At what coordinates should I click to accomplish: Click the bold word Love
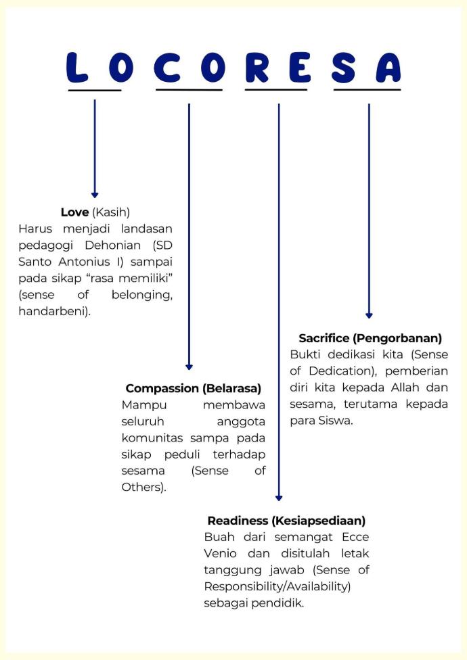tap(74, 212)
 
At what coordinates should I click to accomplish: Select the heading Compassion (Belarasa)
tap(194, 389)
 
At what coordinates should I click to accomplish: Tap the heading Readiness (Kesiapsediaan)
tap(286, 521)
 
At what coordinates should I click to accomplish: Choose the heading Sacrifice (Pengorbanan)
tap(370, 338)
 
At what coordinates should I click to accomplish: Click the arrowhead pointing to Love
tap(95, 195)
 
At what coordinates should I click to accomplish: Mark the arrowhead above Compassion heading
tap(189, 367)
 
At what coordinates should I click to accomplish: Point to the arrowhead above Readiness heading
tap(279, 498)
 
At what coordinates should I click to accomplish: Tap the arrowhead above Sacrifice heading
tap(369, 315)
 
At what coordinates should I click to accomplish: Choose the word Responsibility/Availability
tap(277, 586)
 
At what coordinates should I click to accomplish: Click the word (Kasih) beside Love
tap(111, 212)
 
